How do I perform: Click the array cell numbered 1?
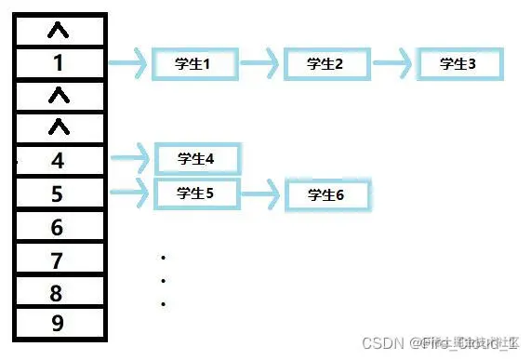59,63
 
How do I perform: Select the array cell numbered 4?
59,161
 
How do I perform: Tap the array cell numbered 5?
59,193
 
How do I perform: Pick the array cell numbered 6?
59,227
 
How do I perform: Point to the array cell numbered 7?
59,260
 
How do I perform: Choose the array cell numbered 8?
59,293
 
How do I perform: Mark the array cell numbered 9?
59,324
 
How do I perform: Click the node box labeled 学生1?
193,64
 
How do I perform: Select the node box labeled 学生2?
325,64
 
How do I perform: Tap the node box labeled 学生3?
458,64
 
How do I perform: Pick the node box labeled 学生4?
196,158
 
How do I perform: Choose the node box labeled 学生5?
195,193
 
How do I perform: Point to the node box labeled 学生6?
326,194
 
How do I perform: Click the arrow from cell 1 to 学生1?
129,64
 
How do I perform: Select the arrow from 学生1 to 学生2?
259,64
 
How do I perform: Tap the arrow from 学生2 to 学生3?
392,64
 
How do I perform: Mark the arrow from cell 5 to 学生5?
130,193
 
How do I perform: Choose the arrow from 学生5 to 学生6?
261,194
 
